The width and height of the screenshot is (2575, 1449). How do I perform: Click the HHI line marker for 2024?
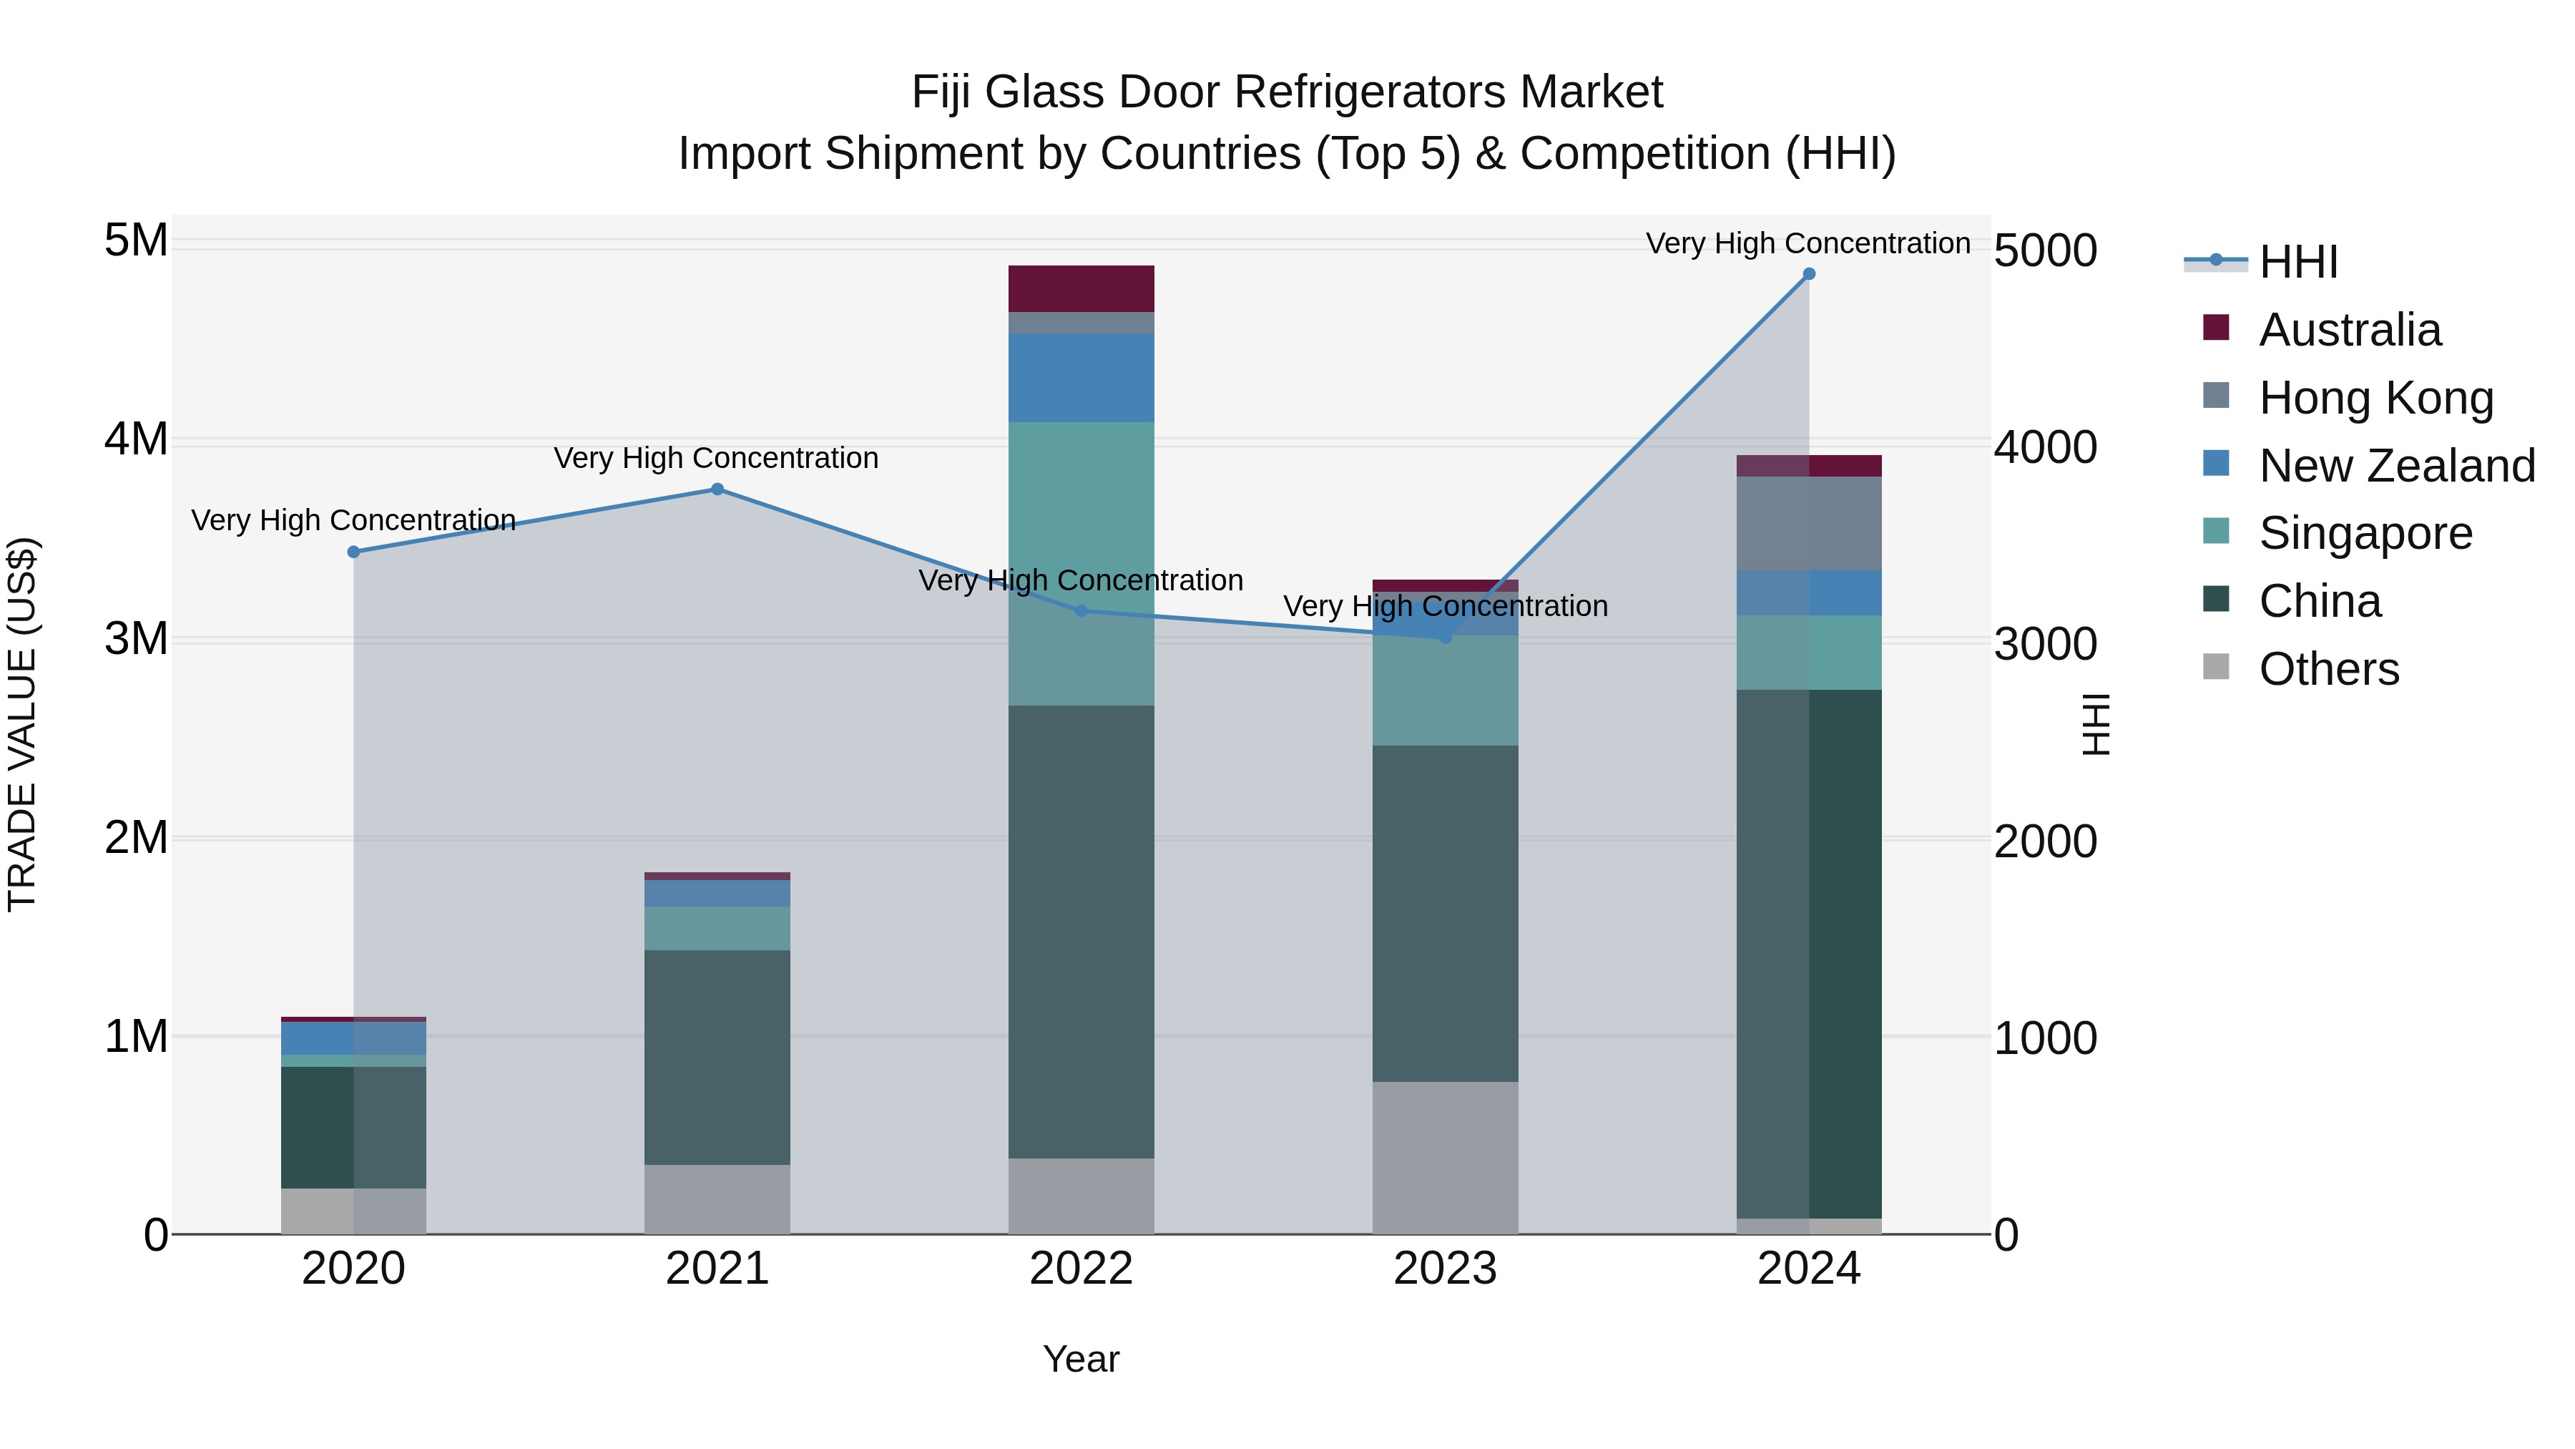tap(1808, 274)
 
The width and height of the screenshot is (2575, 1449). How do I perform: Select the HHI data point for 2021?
tap(717, 489)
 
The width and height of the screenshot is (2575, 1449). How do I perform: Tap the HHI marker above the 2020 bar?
tap(354, 552)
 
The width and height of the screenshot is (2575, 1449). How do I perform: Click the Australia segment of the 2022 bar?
tap(1081, 289)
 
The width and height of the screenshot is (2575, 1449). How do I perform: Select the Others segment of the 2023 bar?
tap(1444, 1157)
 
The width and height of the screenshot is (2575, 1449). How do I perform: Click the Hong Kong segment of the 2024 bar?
tap(1808, 523)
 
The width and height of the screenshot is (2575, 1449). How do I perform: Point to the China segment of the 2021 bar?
tap(717, 1057)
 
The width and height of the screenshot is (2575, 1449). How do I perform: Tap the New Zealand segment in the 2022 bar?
tap(1081, 377)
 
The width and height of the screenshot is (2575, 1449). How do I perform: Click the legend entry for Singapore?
tap(2364, 533)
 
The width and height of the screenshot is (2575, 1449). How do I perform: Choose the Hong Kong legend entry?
tap(2375, 398)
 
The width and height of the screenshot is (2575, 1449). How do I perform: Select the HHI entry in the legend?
tap(2297, 262)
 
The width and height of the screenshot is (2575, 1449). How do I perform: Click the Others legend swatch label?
tap(2328, 669)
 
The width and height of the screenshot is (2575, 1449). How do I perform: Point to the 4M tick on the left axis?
tap(136, 439)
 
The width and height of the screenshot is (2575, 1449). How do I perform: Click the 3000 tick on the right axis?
tap(2045, 644)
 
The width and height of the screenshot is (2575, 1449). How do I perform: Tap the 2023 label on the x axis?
tap(1444, 1269)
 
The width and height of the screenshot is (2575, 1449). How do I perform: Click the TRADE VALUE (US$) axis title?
tap(22, 724)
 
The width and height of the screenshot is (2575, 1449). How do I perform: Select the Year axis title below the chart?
tap(1081, 1359)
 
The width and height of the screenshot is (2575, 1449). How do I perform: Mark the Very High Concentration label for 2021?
tap(716, 458)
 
